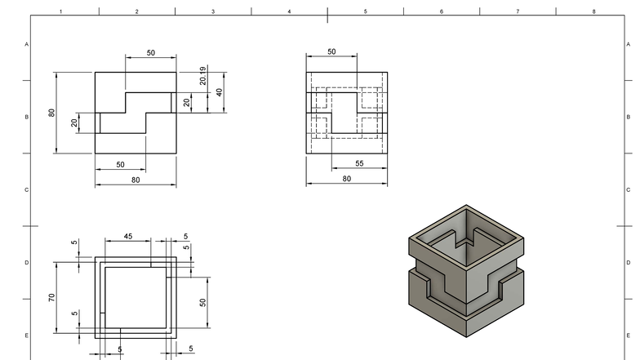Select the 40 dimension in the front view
point(219,92)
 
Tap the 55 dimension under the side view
point(359,164)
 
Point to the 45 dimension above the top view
point(128,237)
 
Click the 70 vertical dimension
point(51,298)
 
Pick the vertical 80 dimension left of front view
point(51,113)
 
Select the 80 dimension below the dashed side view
point(347,179)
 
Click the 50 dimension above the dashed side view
point(331,51)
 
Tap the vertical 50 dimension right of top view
point(203,301)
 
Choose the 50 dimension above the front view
point(151,52)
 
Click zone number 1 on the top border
point(61,11)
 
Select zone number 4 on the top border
point(289,11)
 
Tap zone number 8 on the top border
point(593,11)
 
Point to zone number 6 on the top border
point(442,11)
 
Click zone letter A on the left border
point(27,44)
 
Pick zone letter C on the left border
point(27,189)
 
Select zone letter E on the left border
point(27,336)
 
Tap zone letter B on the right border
point(629,117)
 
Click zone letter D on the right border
point(629,263)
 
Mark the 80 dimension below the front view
point(136,180)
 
